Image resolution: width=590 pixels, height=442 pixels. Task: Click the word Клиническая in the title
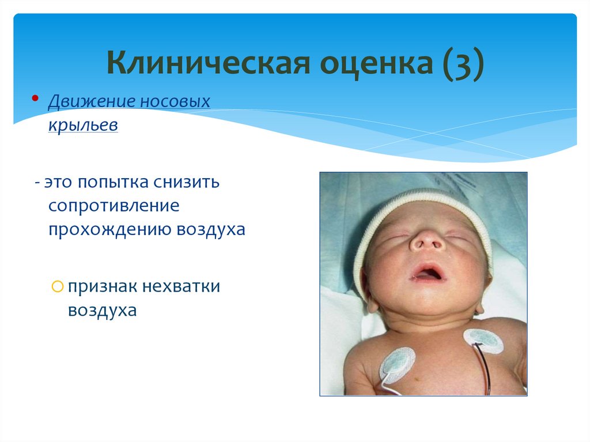208,62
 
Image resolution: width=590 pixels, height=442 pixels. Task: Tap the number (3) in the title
463,64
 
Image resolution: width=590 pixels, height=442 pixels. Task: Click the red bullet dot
35,99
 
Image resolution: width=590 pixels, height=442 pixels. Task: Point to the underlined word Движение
92,101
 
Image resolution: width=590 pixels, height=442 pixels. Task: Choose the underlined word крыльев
83,125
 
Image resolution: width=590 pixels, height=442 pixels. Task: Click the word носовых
175,101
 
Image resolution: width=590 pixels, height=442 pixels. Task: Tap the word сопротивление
114,206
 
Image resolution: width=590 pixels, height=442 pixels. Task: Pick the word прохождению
110,230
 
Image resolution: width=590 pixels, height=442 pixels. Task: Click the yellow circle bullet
57,287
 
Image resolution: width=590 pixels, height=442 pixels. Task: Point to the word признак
103,287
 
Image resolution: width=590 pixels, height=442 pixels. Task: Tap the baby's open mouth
428,273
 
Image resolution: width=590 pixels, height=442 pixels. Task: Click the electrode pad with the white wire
397,365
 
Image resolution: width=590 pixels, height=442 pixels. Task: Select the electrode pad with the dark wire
483,341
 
